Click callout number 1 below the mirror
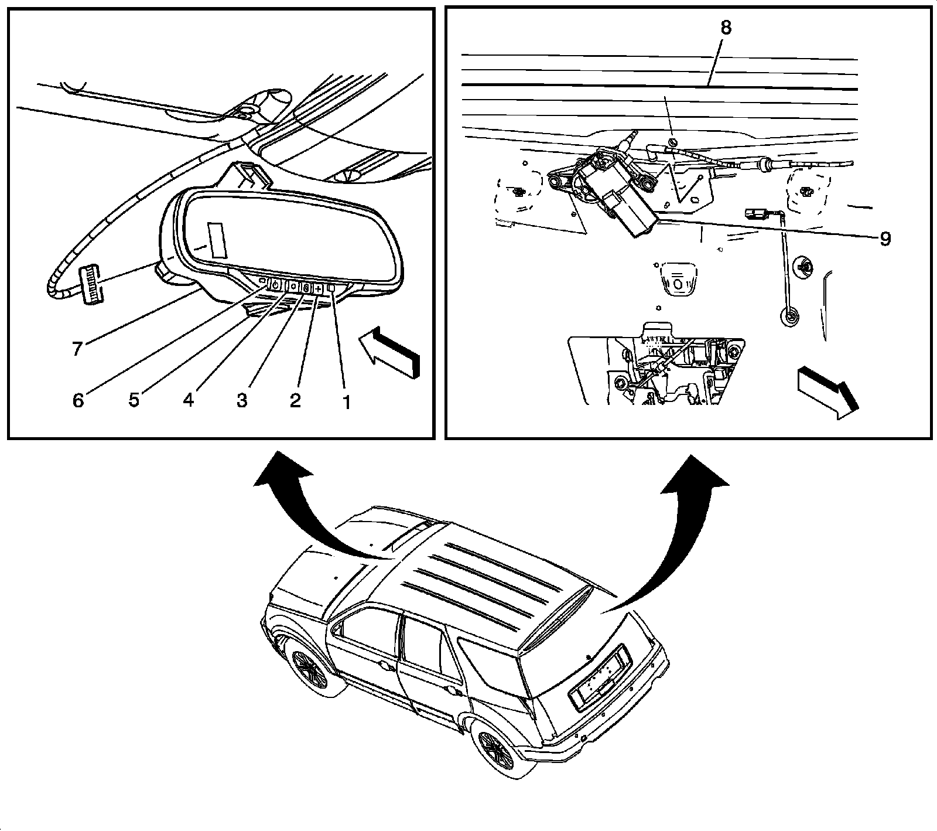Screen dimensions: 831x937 [x=346, y=402]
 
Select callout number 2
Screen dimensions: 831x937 [x=295, y=400]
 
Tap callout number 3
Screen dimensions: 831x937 [x=242, y=400]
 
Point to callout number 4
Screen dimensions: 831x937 [x=188, y=400]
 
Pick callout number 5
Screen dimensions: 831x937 [x=134, y=400]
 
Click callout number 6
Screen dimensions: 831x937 [x=78, y=400]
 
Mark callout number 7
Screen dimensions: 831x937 [x=77, y=349]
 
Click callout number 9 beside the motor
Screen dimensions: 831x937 [x=884, y=239]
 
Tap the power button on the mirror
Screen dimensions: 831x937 [x=274, y=287]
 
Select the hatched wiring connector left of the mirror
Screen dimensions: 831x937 [x=88, y=284]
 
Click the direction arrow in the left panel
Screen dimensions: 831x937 [x=389, y=352]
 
